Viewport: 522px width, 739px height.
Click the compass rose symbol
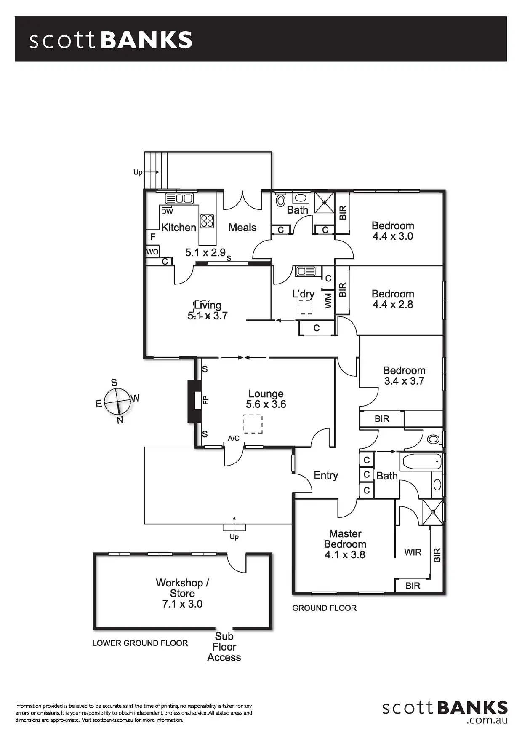[x=117, y=401]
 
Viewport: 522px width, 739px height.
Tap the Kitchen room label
[x=179, y=228]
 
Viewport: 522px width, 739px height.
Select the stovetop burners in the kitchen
[x=207, y=221]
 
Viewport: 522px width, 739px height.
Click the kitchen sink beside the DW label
[x=179, y=198]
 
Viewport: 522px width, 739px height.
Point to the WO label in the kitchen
[x=152, y=252]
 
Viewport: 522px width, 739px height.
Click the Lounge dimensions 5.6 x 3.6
[x=266, y=404]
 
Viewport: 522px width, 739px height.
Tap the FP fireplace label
[x=206, y=399]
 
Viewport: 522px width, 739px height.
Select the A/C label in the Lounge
[x=234, y=438]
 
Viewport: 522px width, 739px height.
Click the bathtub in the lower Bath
[x=421, y=462]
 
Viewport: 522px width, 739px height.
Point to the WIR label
[x=413, y=552]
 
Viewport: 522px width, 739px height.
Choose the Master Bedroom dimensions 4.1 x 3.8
[x=345, y=555]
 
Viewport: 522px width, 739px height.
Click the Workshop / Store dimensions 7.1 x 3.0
[x=182, y=604]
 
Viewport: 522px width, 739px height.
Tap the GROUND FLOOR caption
[x=324, y=608]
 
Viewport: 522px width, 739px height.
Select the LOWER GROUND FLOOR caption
[x=140, y=643]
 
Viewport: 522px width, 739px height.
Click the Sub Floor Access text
[x=224, y=647]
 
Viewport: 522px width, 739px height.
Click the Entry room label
[x=326, y=475]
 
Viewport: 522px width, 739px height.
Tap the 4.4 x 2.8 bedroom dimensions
[x=393, y=305]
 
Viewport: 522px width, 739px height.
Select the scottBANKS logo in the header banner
[x=111, y=40]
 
